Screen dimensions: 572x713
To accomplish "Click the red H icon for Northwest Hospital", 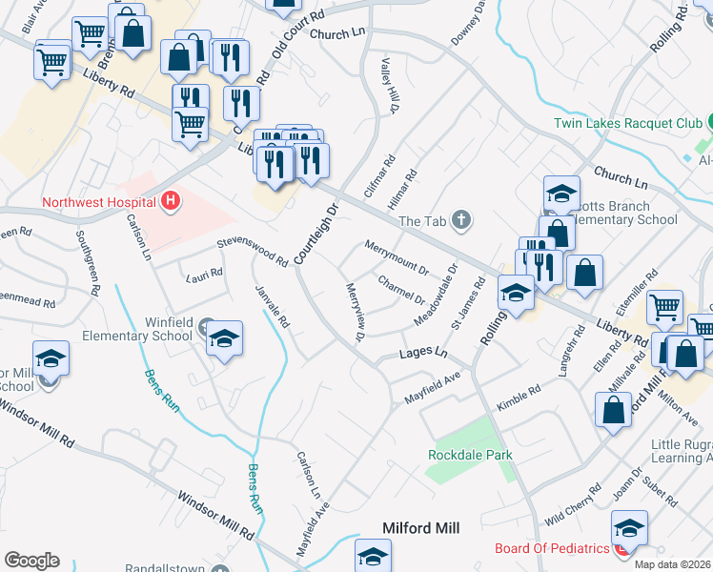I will coord(171,201).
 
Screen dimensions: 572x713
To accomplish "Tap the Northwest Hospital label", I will coord(98,202).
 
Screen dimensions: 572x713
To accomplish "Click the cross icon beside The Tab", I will coord(461,221).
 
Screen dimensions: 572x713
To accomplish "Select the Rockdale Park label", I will coord(470,455).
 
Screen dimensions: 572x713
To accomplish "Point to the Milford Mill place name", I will coord(420,528).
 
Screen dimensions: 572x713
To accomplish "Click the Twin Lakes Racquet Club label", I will coord(628,123).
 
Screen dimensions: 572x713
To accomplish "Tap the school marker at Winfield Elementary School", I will coord(224,338).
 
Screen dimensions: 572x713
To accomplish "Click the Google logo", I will coord(31,561).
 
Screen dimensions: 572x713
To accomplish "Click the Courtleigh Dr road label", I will coord(316,234).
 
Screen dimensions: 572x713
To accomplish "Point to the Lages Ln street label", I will coord(423,354).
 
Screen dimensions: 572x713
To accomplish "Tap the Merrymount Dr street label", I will coord(397,258).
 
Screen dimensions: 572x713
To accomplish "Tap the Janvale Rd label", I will coord(272,306).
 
